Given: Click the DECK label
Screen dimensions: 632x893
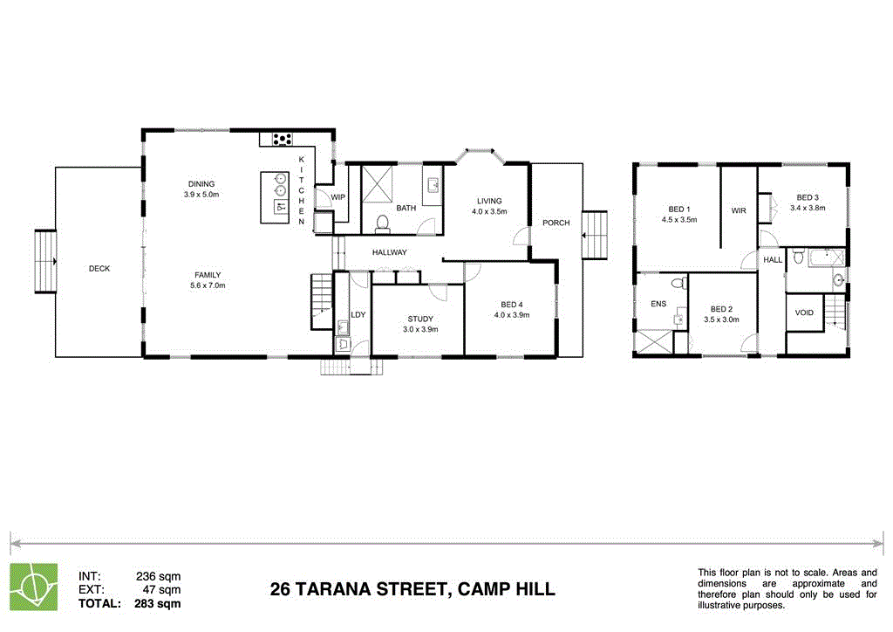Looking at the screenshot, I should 99,269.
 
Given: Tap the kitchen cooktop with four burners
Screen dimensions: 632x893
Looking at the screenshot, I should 282,138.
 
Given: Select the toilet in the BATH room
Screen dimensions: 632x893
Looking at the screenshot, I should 380,223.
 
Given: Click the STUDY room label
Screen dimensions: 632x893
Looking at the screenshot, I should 419,319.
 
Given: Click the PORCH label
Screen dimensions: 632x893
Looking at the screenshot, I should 556,223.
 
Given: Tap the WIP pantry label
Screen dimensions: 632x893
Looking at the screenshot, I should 338,197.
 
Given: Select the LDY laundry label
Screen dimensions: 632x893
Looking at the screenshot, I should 358,314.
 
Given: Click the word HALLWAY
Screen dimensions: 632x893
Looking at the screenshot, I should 390,253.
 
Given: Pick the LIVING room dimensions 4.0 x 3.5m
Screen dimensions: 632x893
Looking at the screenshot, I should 487,212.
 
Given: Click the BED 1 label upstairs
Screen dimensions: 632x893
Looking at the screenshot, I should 678,210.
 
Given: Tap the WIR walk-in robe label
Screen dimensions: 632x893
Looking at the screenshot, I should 739,211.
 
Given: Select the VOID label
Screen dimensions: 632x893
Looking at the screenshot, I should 803,313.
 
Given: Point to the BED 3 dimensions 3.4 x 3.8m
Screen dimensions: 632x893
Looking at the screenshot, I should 807,209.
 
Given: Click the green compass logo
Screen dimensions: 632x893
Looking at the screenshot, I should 33,585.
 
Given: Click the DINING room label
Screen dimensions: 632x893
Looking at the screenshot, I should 201,184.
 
